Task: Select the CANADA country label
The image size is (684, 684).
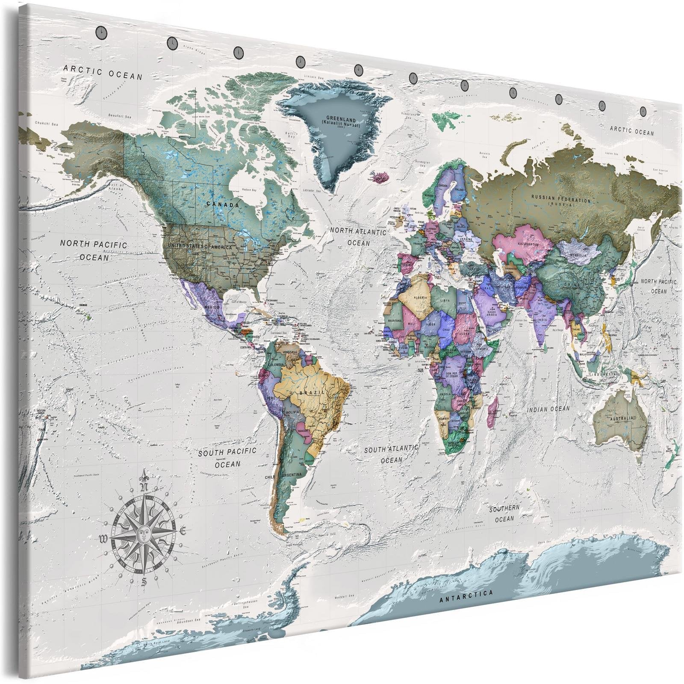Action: click(223, 205)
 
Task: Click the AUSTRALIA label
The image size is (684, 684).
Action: click(622, 418)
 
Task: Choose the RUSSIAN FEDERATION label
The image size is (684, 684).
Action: click(560, 199)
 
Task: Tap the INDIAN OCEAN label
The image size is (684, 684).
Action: click(548, 409)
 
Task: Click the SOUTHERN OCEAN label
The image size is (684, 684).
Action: click(504, 513)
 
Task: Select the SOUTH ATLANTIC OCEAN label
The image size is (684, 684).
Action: click(391, 454)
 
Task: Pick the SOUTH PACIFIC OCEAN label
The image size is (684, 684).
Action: click(227, 457)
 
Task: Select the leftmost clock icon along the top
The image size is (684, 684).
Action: click(100, 31)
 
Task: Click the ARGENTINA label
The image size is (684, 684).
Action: click(292, 475)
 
